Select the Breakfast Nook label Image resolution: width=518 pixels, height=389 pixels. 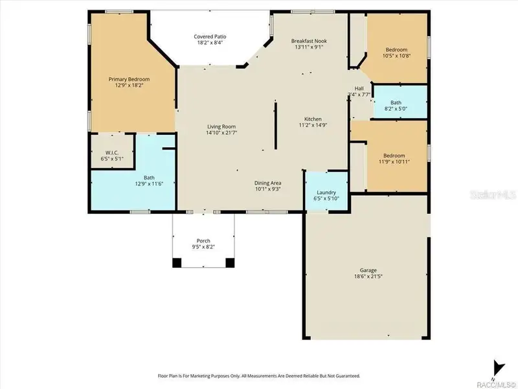pos(309,40)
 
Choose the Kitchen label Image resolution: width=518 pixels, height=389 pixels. pos(313,119)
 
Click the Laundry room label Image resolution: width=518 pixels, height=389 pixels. pos(326,193)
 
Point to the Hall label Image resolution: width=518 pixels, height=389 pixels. pos(359,88)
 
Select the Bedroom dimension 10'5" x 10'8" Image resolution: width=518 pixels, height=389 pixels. pos(397,57)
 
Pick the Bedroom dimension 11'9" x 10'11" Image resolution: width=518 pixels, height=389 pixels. pos(394,162)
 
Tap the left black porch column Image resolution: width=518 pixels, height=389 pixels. pos(177,263)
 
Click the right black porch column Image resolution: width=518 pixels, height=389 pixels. pos(229,263)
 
